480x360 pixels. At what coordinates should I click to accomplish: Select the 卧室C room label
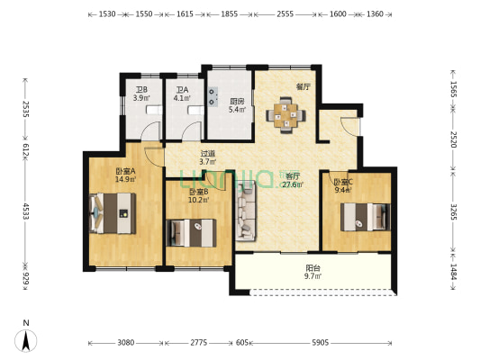(342, 184)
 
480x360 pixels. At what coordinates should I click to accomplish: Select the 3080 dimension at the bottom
(125, 344)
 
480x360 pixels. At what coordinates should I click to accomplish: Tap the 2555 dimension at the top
(285, 15)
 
